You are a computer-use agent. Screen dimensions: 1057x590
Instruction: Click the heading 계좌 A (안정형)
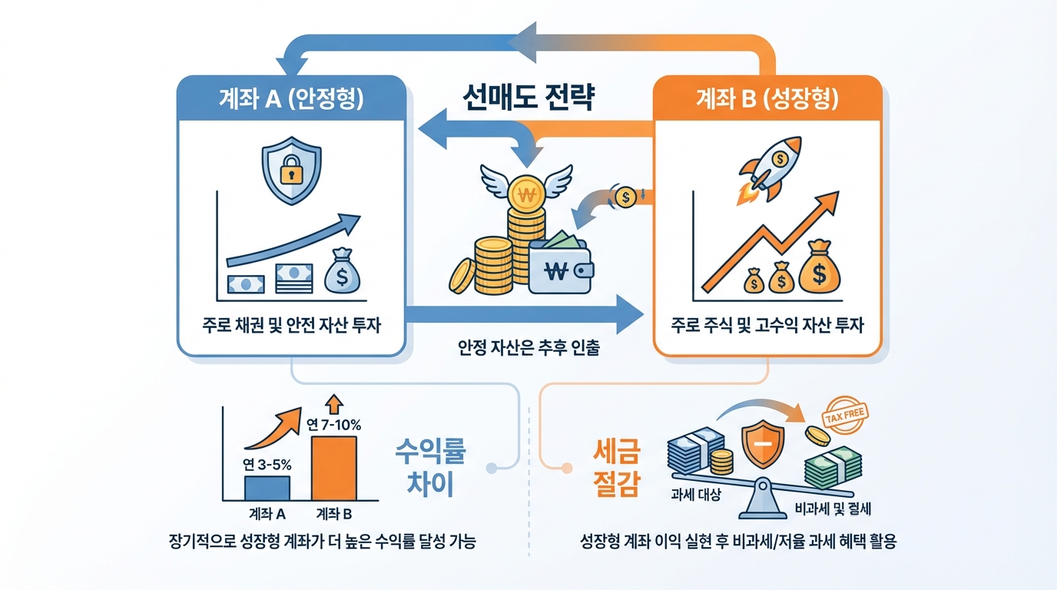click(292, 99)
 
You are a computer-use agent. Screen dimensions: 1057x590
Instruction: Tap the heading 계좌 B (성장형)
click(767, 99)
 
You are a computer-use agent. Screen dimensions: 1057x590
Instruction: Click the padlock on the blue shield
click(291, 171)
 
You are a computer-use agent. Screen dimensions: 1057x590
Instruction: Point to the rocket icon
click(771, 167)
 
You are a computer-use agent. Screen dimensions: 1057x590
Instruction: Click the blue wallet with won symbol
click(561, 266)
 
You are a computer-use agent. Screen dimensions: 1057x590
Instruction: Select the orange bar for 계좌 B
click(333, 468)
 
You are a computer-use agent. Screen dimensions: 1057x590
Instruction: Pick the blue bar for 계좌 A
click(267, 488)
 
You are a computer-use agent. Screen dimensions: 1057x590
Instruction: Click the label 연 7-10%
click(333, 424)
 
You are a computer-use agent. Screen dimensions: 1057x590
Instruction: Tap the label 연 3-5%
click(266, 464)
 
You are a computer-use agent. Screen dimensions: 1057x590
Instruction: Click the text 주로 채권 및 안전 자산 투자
click(292, 326)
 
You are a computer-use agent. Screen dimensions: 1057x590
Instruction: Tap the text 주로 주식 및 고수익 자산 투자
click(767, 326)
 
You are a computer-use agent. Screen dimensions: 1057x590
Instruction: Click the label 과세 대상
click(696, 496)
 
